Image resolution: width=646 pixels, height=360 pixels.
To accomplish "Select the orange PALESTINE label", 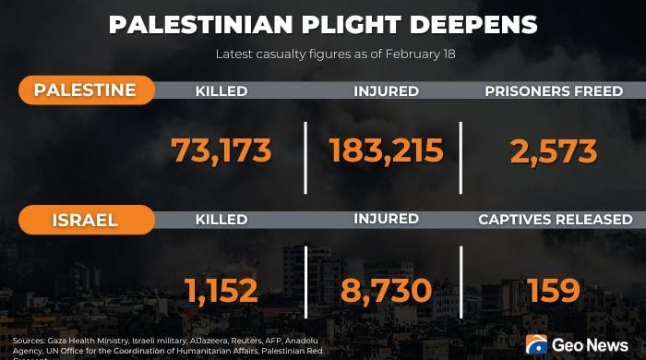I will (x=85, y=90).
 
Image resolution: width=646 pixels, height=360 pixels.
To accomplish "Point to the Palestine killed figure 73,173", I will (x=221, y=150).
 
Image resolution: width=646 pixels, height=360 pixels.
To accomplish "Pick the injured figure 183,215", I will (x=386, y=150).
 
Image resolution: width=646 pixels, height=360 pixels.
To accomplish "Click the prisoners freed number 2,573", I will (x=554, y=150).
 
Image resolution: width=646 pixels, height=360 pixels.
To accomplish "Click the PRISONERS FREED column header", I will (x=554, y=91).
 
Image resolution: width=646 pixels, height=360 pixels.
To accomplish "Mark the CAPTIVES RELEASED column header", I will (x=555, y=220).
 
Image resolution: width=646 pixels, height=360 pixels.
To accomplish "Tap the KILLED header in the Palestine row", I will (x=221, y=91).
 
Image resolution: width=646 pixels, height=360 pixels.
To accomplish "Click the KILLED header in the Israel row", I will (x=221, y=220).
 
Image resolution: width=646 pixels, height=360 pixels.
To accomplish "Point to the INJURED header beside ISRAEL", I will (x=386, y=220).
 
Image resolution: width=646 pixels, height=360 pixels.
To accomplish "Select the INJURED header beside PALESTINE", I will (x=386, y=91).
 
